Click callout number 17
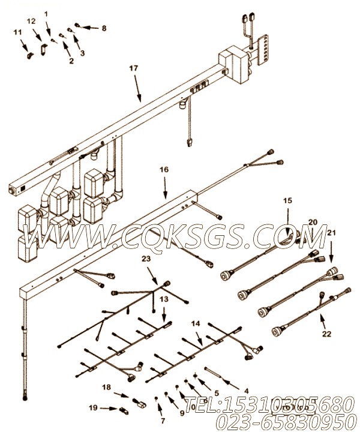point(133,68)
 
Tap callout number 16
point(164,170)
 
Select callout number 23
point(146,259)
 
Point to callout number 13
point(164,298)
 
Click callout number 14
point(196,323)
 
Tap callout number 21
point(331,232)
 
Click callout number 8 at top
point(103,28)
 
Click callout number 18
point(106,387)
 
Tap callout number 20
point(312,222)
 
